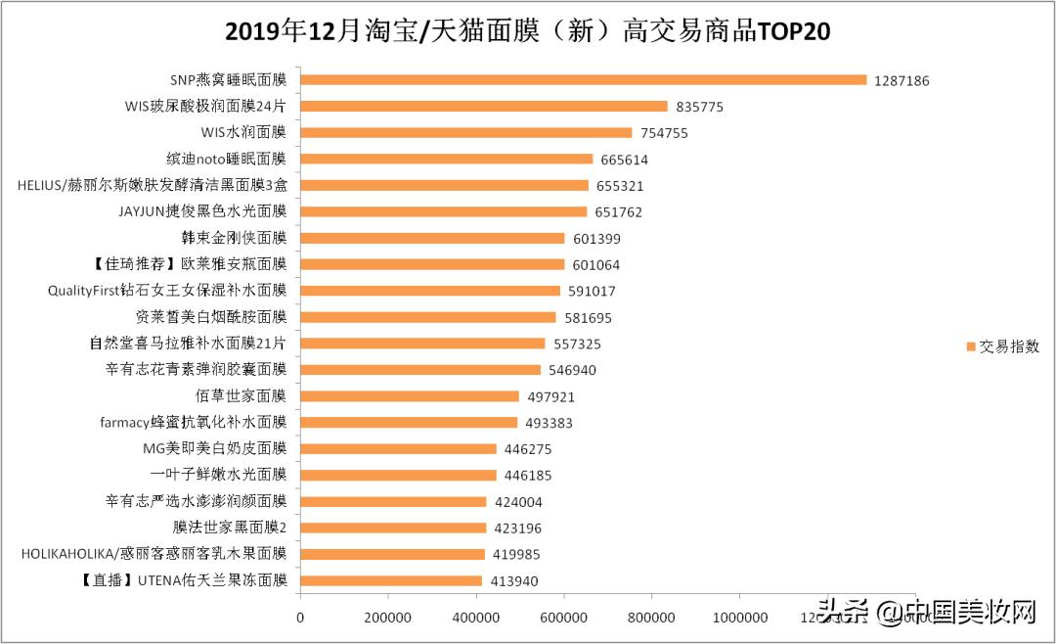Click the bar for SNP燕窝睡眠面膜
(x=583, y=79)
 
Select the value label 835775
(x=699, y=107)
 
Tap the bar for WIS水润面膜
(x=465, y=132)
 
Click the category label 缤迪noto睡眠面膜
(x=226, y=159)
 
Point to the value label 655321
(x=620, y=186)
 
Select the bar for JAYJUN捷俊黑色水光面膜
(x=443, y=211)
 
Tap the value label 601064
(x=595, y=265)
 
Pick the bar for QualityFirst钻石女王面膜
(x=429, y=291)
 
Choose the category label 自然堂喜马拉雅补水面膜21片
(x=188, y=344)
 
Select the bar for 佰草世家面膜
(x=409, y=396)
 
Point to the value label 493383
(x=549, y=424)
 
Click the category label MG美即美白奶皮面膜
(x=214, y=449)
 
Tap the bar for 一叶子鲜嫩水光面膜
(x=398, y=476)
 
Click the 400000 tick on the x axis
(x=475, y=618)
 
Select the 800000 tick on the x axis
(x=651, y=618)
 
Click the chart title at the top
(x=528, y=31)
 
